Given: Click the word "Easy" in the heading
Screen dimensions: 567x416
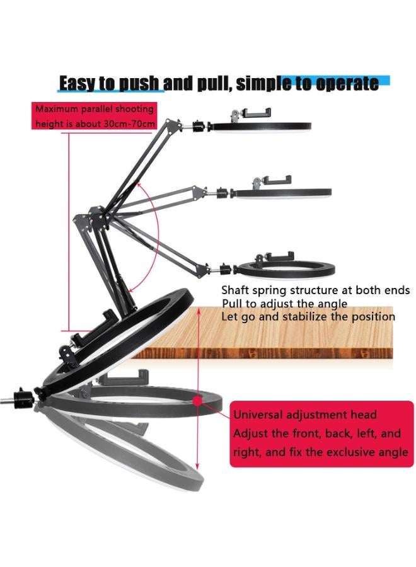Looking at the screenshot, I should coord(78,83).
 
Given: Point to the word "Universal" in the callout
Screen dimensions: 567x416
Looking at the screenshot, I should coord(262,415).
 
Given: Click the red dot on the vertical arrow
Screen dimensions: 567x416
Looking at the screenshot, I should coord(197,399).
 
